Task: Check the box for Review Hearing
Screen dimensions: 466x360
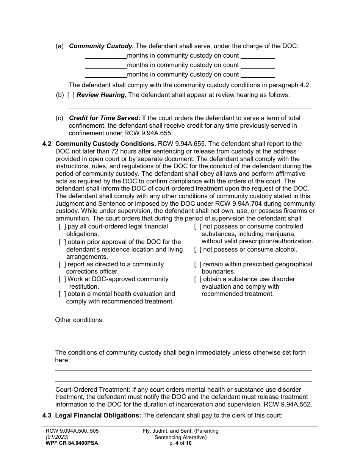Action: click(71, 95)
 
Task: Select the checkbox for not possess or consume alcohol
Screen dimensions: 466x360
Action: click(198, 250)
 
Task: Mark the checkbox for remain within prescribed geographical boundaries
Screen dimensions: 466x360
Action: click(198, 264)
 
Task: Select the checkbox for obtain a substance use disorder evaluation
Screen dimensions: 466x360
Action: click(198, 279)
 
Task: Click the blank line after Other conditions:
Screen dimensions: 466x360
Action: click(208, 320)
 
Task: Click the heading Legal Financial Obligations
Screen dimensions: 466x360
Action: click(98, 416)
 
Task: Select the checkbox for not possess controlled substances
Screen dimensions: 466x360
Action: click(198, 227)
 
